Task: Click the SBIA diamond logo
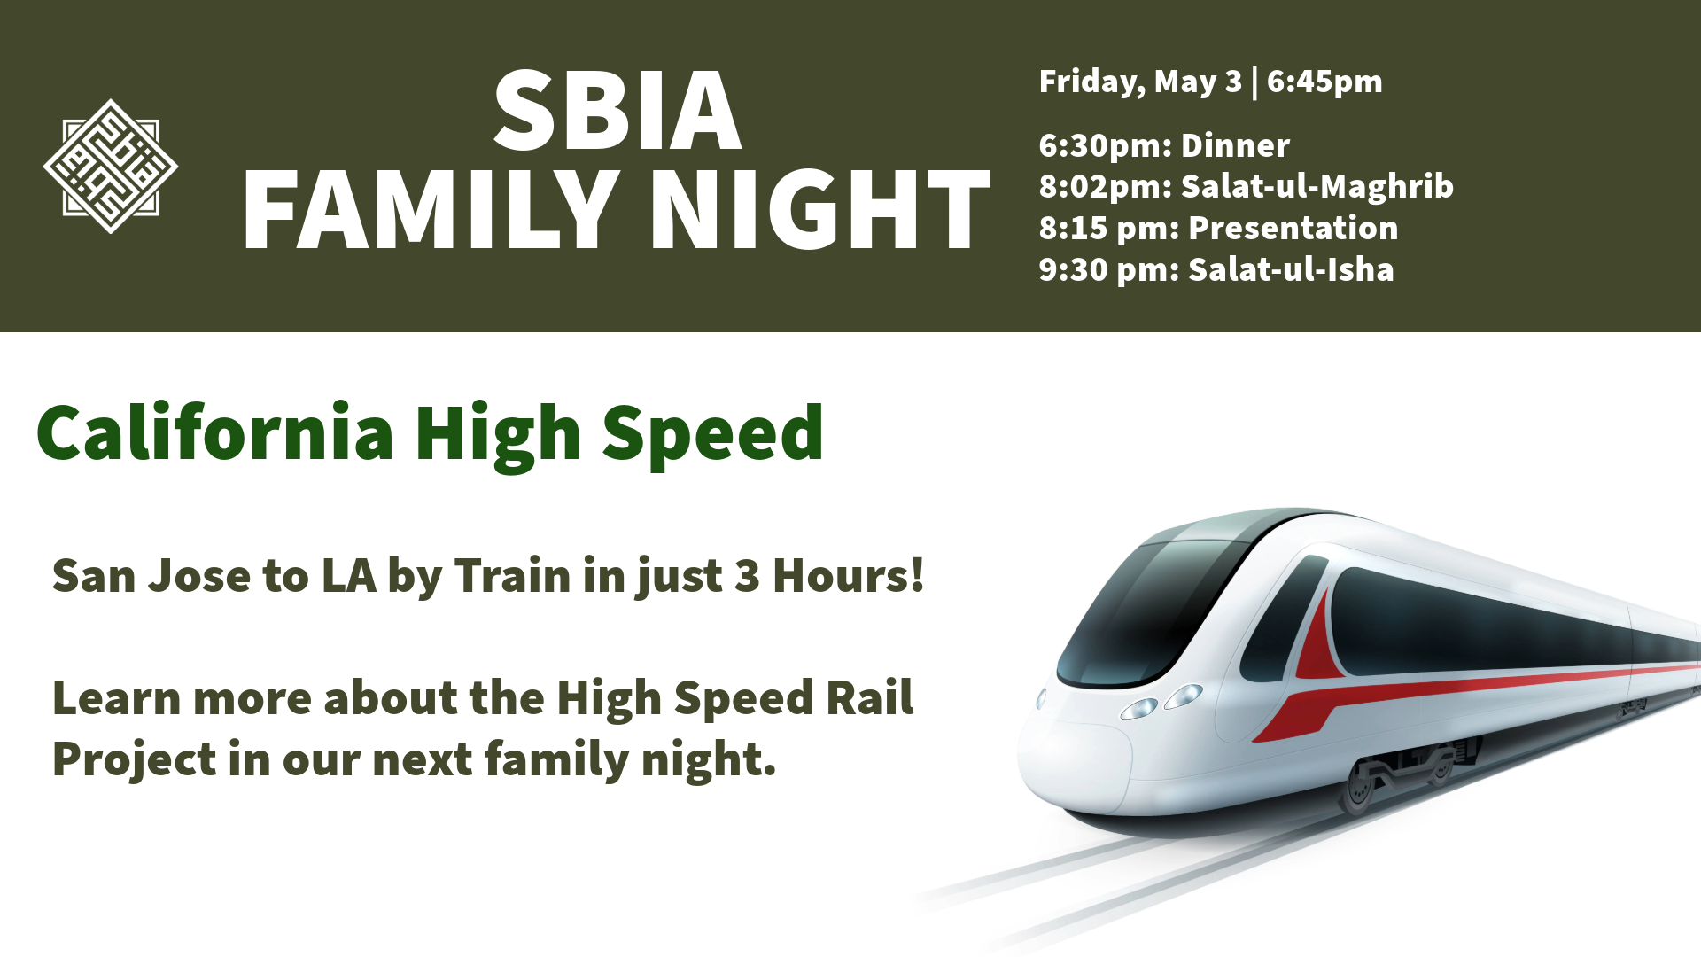tap(111, 166)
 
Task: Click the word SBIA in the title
tap(617, 112)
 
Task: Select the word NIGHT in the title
tap(826, 210)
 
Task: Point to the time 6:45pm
tap(1324, 82)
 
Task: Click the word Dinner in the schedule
tap(1235, 145)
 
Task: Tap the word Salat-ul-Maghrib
tap(1317, 186)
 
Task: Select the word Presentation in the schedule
tap(1293, 228)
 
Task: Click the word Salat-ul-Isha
tap(1291, 269)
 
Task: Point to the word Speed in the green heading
tap(713, 434)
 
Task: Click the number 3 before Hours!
tap(747, 576)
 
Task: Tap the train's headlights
tap(1161, 701)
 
